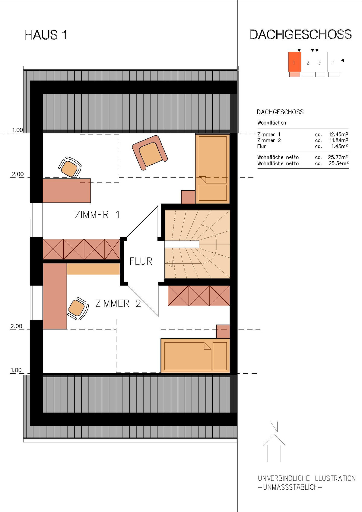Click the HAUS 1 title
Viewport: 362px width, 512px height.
46,35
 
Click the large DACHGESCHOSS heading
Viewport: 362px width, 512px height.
300,35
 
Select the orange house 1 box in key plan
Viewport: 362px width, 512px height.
294,62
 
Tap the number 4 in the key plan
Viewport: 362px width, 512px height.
333,63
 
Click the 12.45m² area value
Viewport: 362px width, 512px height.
338,134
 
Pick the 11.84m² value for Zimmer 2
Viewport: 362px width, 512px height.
338,141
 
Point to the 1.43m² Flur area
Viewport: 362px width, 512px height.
339,146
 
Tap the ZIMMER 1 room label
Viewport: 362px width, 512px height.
97,215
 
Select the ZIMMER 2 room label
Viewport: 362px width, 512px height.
118,303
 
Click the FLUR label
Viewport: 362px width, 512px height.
141,261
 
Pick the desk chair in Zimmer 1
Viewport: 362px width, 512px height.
70,168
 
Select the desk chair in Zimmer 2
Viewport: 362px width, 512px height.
77,308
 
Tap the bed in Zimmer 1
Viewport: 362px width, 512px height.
213,168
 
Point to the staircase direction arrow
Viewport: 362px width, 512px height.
169,264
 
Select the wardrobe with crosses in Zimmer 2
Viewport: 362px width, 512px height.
199,296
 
